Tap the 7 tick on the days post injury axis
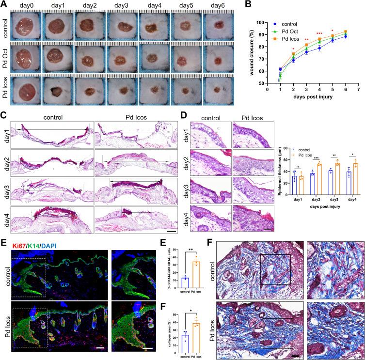click(x=358, y=90)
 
